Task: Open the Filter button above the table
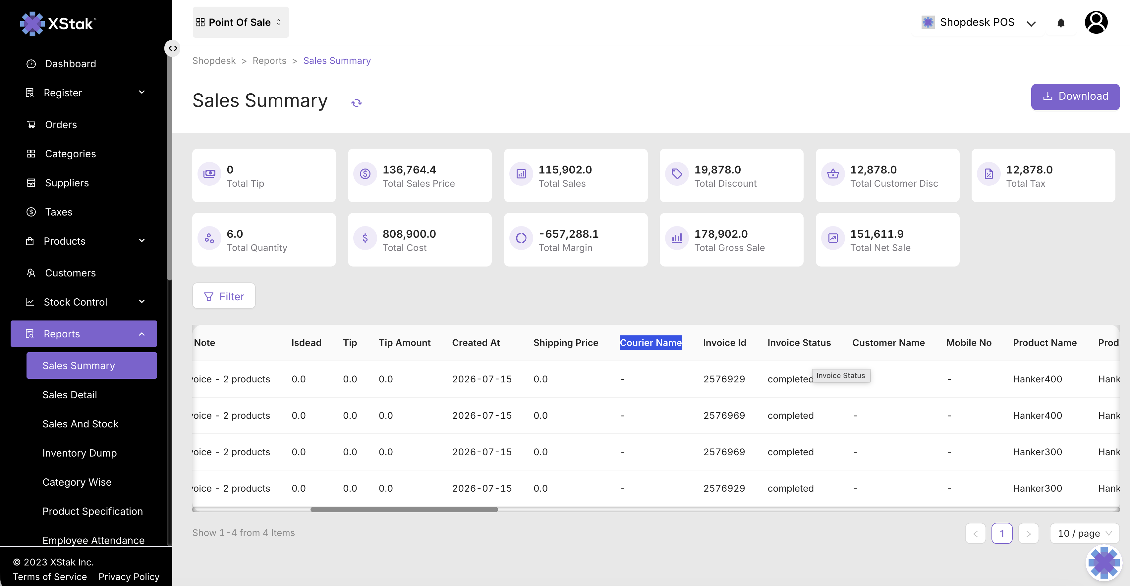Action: pyautogui.click(x=224, y=296)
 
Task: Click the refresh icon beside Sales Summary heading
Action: pyautogui.click(x=356, y=103)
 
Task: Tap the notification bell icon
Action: pyautogui.click(x=1061, y=23)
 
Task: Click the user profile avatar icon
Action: pyautogui.click(x=1096, y=23)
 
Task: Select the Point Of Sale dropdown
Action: pyautogui.click(x=240, y=23)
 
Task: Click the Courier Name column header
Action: pyautogui.click(x=650, y=343)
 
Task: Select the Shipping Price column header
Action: pyautogui.click(x=565, y=343)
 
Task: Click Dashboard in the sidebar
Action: pyautogui.click(x=70, y=64)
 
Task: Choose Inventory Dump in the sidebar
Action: pyautogui.click(x=80, y=453)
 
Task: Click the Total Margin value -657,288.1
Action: pyautogui.click(x=569, y=234)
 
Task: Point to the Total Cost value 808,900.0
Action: pyautogui.click(x=409, y=234)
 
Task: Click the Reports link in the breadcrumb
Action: pyautogui.click(x=269, y=61)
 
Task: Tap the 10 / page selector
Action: pyautogui.click(x=1084, y=533)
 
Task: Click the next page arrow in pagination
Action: pyautogui.click(x=1028, y=533)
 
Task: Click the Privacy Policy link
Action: pyautogui.click(x=129, y=577)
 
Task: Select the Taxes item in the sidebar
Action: pyautogui.click(x=58, y=212)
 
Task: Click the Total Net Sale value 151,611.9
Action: pyautogui.click(x=877, y=234)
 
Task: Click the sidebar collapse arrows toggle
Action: pyautogui.click(x=173, y=48)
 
